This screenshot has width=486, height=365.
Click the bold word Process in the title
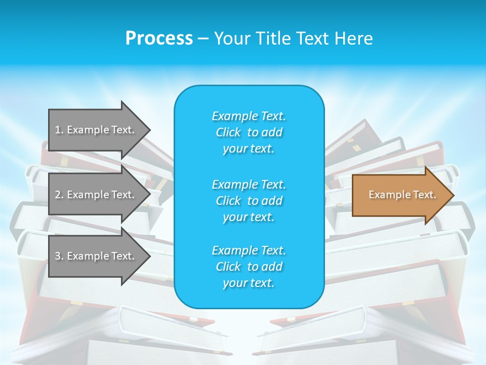(159, 39)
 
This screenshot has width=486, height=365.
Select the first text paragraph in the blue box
(249, 132)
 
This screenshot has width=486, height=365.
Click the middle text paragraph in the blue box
(249, 201)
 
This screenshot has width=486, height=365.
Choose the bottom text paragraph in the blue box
(249, 267)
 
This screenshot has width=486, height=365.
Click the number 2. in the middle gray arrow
(59, 195)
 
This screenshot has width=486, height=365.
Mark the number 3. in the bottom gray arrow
(59, 256)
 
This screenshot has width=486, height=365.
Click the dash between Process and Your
(203, 39)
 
